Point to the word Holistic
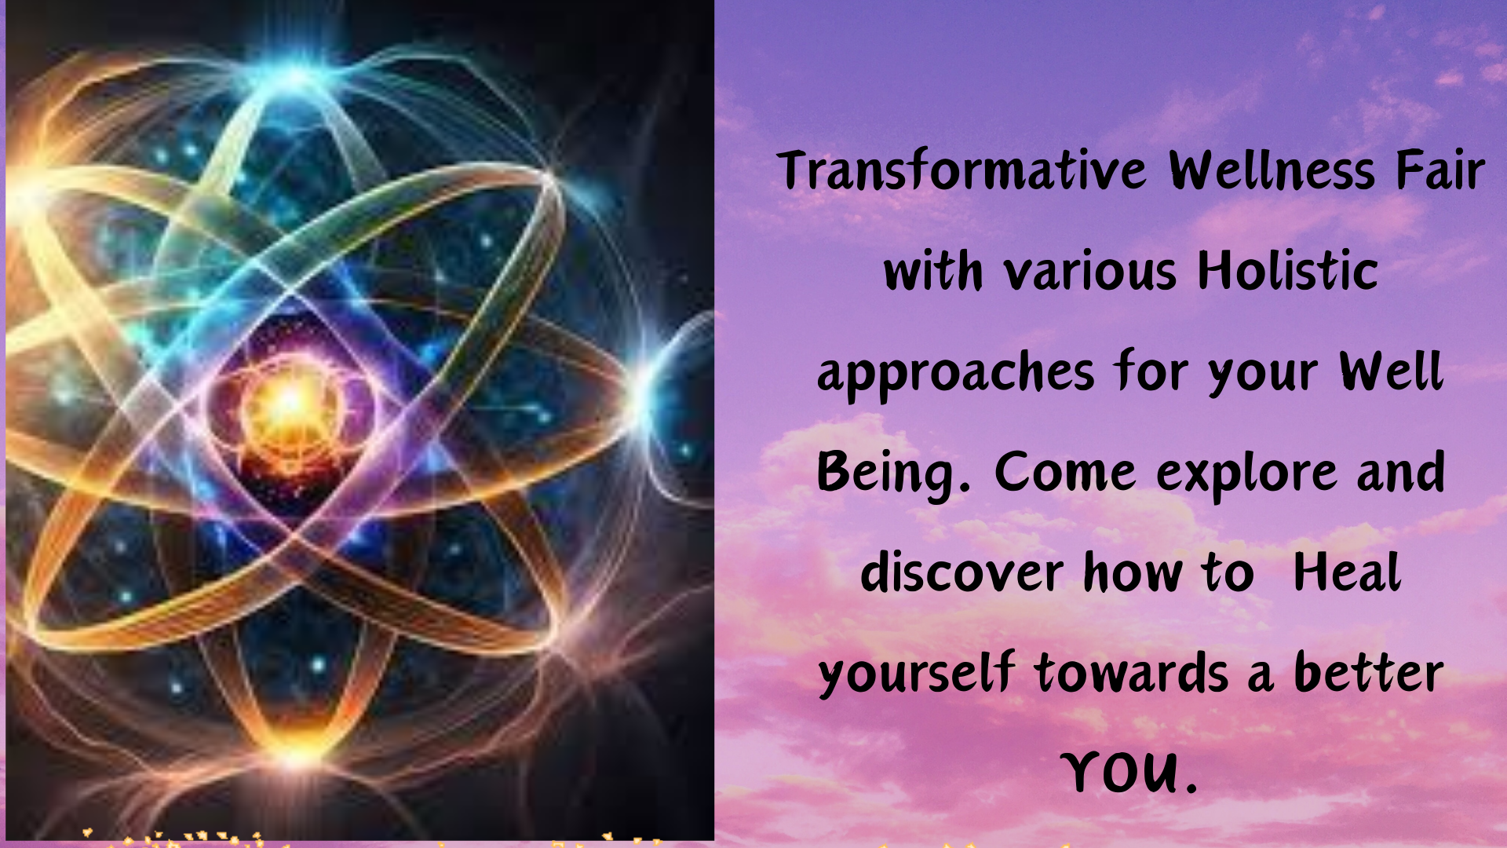(1288, 270)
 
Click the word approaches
(955, 374)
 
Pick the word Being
(893, 474)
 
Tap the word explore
(1246, 474)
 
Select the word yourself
(916, 674)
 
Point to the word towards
(1132, 673)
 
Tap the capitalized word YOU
(1130, 773)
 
